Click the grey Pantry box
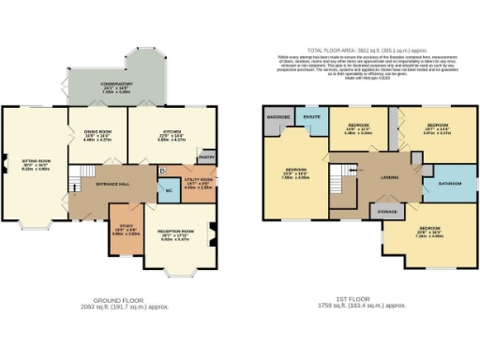[207, 157]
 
